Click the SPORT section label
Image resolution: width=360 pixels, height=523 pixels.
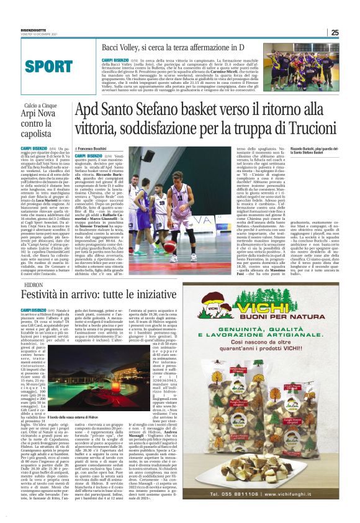coord(49,66)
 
